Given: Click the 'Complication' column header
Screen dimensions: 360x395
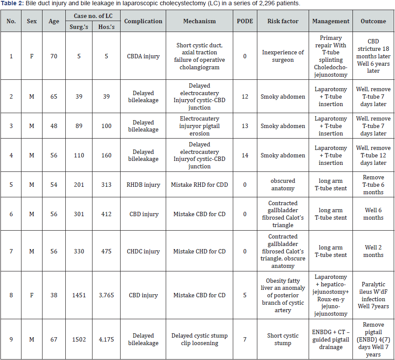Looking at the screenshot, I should tap(143, 21).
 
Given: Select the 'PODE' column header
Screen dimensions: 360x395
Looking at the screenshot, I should tap(245, 21).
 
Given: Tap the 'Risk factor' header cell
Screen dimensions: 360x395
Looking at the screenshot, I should tap(283, 21).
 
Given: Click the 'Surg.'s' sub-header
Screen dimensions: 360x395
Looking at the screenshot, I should tap(79, 26).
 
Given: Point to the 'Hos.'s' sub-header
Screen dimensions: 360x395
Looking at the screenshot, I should tap(106, 26).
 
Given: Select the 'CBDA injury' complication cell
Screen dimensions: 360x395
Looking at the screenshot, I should tap(143, 56).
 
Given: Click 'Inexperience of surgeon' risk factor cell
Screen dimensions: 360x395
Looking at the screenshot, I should tap(283, 56).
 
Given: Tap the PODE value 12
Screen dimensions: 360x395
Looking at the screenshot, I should tap(245, 96).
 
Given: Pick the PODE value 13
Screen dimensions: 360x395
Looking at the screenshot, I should tap(245, 126).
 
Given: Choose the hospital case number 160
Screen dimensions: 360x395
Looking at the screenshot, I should tap(106, 155).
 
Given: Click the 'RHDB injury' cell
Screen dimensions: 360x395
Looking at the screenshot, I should tap(143, 185).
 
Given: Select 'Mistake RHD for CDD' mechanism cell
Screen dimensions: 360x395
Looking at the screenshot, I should tap(199, 185).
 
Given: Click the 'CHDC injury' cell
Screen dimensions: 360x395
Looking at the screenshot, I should tap(143, 251).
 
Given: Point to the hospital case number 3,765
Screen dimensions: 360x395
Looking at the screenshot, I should tap(106, 295).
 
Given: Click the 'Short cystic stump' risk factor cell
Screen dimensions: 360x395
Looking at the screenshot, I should tap(283, 339).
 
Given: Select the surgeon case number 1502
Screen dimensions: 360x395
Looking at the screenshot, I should tap(79, 339).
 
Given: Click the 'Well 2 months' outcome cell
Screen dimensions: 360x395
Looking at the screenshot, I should tap(374, 251).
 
